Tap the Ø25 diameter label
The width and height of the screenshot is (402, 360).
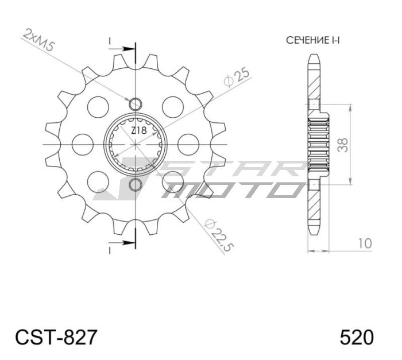tap(236, 78)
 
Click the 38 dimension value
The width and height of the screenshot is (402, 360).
tap(342, 145)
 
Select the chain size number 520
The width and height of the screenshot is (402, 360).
tap(357, 336)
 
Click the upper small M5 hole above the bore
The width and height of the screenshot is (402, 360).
tap(136, 104)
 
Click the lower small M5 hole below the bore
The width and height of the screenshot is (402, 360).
tap(136, 184)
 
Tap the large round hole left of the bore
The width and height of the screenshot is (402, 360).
tap(84, 144)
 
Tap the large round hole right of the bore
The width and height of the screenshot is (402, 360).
tap(187, 144)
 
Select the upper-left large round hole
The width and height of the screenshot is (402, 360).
tap(98, 107)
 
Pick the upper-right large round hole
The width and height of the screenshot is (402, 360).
tap(173, 107)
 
